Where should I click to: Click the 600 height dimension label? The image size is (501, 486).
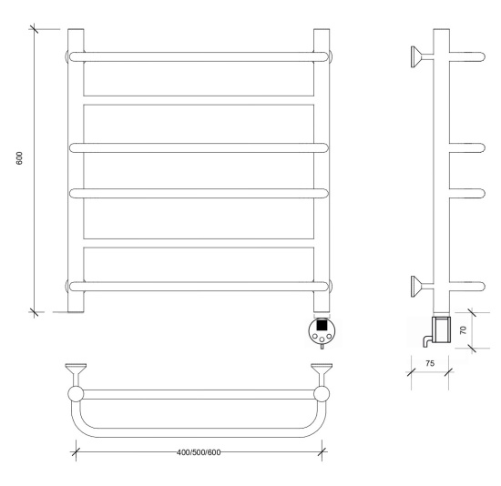pyautogui.click(x=19, y=158)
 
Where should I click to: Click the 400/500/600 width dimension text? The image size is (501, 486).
pyautogui.click(x=199, y=452)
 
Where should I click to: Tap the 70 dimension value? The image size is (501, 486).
pyautogui.click(x=463, y=329)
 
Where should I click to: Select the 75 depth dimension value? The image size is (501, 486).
pyautogui.click(x=430, y=363)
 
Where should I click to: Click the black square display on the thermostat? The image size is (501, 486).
pyautogui.click(x=322, y=325)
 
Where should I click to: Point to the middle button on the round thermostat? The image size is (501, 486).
pyautogui.click(x=322, y=339)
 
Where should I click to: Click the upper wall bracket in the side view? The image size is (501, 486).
pyautogui.click(x=422, y=56)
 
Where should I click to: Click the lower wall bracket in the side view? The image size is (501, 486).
pyautogui.click(x=422, y=286)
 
